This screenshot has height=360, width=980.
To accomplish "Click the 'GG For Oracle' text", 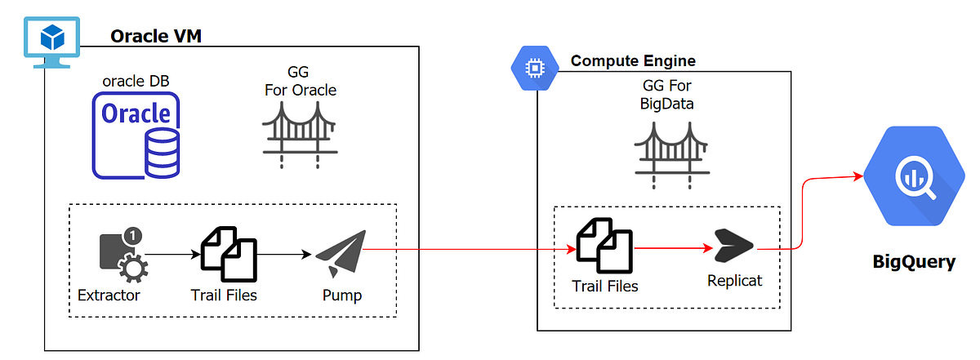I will (x=300, y=81).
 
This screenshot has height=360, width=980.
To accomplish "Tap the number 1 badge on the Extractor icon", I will (x=134, y=236).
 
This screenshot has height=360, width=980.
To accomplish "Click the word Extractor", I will (x=109, y=295).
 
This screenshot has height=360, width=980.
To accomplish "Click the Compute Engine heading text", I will (x=633, y=61).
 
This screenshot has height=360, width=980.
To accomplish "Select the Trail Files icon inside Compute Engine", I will (x=605, y=246).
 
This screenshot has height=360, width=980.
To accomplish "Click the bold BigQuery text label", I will (x=913, y=262).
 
